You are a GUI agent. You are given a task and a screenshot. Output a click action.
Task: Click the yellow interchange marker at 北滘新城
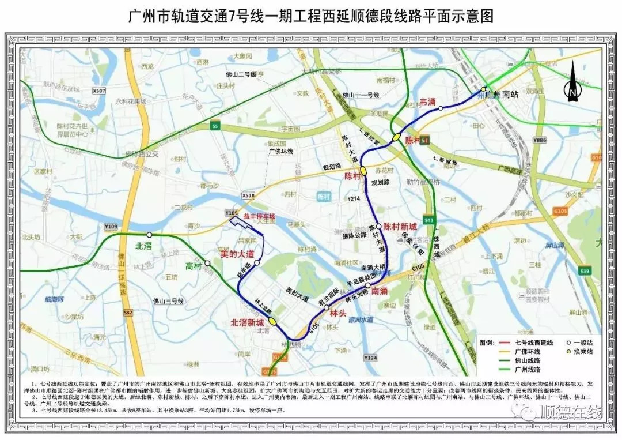272,321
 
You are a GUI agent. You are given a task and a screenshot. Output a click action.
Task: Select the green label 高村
194,266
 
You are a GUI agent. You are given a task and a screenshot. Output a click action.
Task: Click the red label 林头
336,313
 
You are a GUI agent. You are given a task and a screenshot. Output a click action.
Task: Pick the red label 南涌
380,292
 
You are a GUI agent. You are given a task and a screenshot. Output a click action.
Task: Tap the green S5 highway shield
215,125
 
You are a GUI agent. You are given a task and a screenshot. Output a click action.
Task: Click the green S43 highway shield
428,220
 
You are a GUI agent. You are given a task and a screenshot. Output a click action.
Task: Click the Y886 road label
540,140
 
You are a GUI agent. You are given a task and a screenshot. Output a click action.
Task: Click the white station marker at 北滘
149,235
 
